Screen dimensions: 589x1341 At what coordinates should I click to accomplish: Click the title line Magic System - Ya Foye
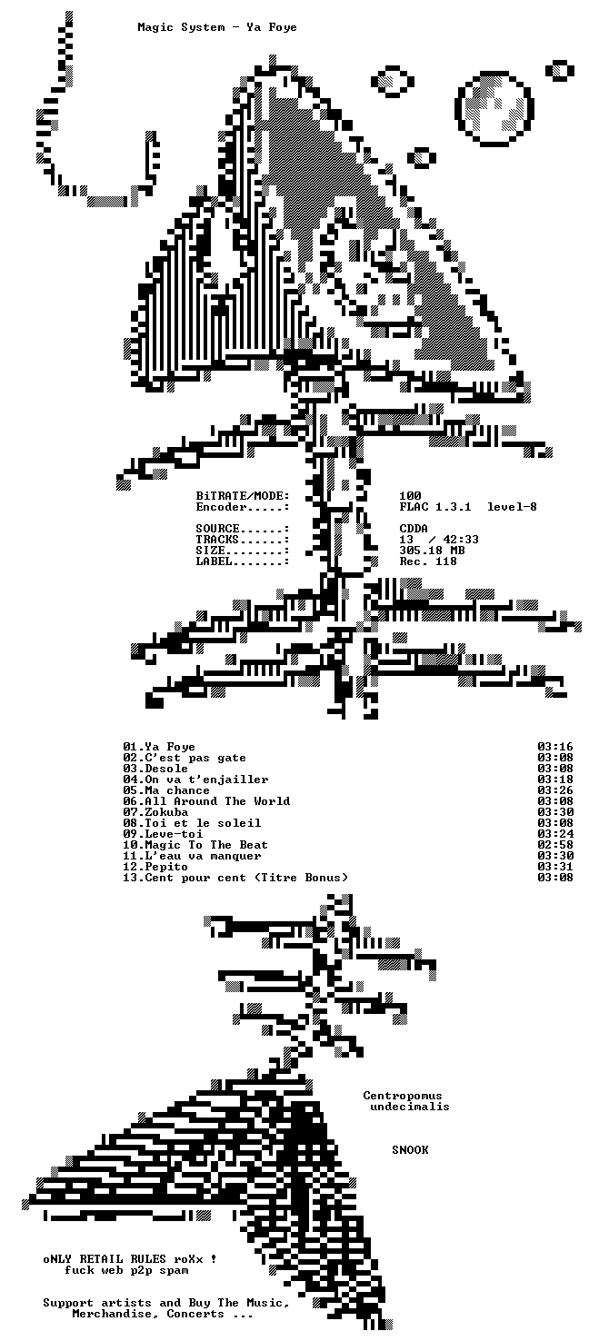tap(217, 27)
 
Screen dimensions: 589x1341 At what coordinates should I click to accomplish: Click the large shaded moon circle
tap(494, 108)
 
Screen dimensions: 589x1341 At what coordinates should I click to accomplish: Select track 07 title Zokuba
tap(166, 812)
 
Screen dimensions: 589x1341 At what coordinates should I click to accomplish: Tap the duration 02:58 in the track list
tap(554, 845)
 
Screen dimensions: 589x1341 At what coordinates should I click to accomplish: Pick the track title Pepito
tap(166, 866)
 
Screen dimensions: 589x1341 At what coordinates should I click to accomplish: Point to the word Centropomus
tap(403, 1096)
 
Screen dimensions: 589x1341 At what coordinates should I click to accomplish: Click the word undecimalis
tap(410, 1107)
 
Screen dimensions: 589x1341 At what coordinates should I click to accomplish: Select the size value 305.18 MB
tap(432, 551)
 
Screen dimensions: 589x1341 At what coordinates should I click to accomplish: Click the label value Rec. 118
tap(428, 561)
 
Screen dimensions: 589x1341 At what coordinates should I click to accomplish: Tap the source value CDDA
tap(414, 529)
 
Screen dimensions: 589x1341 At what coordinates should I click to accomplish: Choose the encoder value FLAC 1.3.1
tap(435, 507)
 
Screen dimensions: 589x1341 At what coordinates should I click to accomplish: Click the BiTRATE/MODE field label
tap(243, 496)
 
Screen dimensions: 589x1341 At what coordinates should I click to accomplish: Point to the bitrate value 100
tap(411, 496)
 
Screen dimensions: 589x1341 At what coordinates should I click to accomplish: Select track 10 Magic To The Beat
tap(195, 845)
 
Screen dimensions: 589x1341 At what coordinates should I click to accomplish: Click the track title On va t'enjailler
tap(206, 780)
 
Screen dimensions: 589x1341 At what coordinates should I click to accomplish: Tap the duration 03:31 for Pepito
tap(554, 866)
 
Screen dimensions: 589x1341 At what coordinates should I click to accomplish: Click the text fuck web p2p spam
tap(126, 1270)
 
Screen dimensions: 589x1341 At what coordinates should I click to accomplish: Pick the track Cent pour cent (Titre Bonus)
tap(246, 878)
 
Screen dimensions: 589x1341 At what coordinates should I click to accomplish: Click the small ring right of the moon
tap(560, 70)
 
